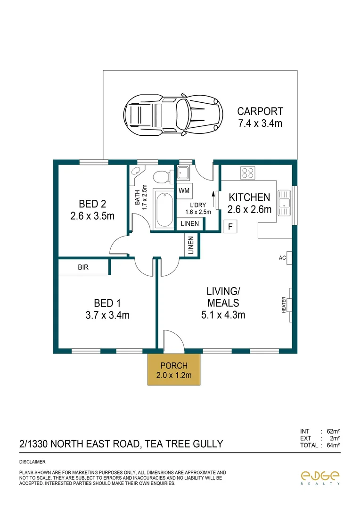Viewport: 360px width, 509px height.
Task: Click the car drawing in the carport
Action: click(x=173, y=114)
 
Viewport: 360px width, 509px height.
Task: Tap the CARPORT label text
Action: click(x=260, y=112)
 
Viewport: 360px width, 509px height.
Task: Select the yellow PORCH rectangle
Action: click(x=174, y=370)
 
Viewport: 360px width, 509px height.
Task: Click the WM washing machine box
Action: click(x=184, y=191)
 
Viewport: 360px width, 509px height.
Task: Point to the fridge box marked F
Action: click(x=230, y=227)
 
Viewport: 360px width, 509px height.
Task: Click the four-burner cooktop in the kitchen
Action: click(x=248, y=173)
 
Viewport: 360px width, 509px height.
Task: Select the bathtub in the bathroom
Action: click(x=164, y=208)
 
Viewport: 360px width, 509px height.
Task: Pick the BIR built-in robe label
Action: click(x=83, y=267)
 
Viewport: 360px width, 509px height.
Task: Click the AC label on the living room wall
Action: click(x=283, y=258)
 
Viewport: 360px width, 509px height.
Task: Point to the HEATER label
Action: click(x=284, y=305)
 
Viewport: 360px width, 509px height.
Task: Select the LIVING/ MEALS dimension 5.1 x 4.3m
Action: click(x=223, y=315)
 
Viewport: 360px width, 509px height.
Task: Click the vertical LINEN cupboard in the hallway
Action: click(x=191, y=245)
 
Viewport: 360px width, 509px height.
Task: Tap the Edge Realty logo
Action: click(x=320, y=477)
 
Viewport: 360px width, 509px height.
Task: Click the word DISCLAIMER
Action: click(x=33, y=462)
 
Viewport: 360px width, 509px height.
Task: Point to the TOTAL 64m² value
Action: click(x=334, y=445)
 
